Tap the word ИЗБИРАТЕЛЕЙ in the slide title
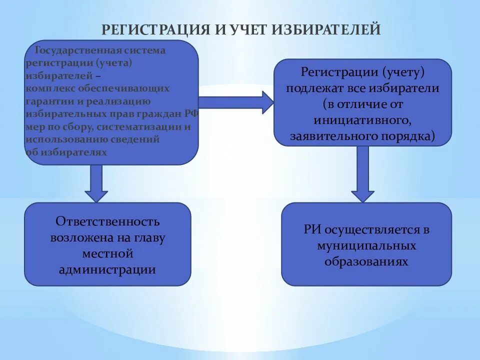pyautogui.click(x=326, y=29)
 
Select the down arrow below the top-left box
pyautogui.click(x=96, y=183)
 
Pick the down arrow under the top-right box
pyautogui.click(x=362, y=174)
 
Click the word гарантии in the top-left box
pyautogui.click(x=48, y=101)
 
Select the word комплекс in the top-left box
pyautogui.click(x=47, y=88)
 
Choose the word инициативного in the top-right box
pyautogui.click(x=362, y=120)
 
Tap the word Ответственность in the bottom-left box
pyautogui.click(x=107, y=221)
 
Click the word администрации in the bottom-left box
pyautogui.click(x=107, y=270)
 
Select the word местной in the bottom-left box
pyautogui.click(x=107, y=254)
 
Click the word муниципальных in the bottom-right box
pyautogui.click(x=366, y=246)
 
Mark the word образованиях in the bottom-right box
pyautogui.click(x=366, y=262)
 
